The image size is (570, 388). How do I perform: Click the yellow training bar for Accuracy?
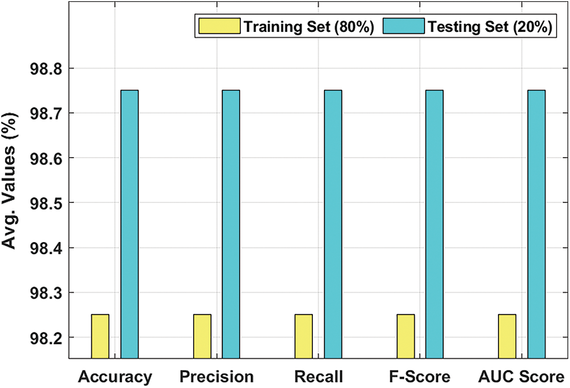click(x=100, y=336)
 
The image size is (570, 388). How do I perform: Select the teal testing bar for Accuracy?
click(x=129, y=224)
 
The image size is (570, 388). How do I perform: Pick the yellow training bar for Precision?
click(x=202, y=336)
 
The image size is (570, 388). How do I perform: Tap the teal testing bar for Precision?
click(x=231, y=224)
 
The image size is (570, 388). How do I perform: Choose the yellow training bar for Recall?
click(x=304, y=336)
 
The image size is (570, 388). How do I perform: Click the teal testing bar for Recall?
click(x=333, y=224)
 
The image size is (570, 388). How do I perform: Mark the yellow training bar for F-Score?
click(x=405, y=336)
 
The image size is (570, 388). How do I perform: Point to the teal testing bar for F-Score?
click(x=434, y=224)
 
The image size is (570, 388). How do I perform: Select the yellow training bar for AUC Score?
click(x=507, y=336)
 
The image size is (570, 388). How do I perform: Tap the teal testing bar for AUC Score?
click(x=536, y=224)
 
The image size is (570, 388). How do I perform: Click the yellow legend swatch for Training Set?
click(x=219, y=26)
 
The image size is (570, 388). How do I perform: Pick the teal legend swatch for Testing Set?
click(x=403, y=26)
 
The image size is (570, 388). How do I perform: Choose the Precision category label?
click(x=216, y=376)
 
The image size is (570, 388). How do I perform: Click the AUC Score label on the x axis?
click(x=522, y=376)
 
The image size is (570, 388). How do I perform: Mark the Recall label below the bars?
click(x=318, y=376)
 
